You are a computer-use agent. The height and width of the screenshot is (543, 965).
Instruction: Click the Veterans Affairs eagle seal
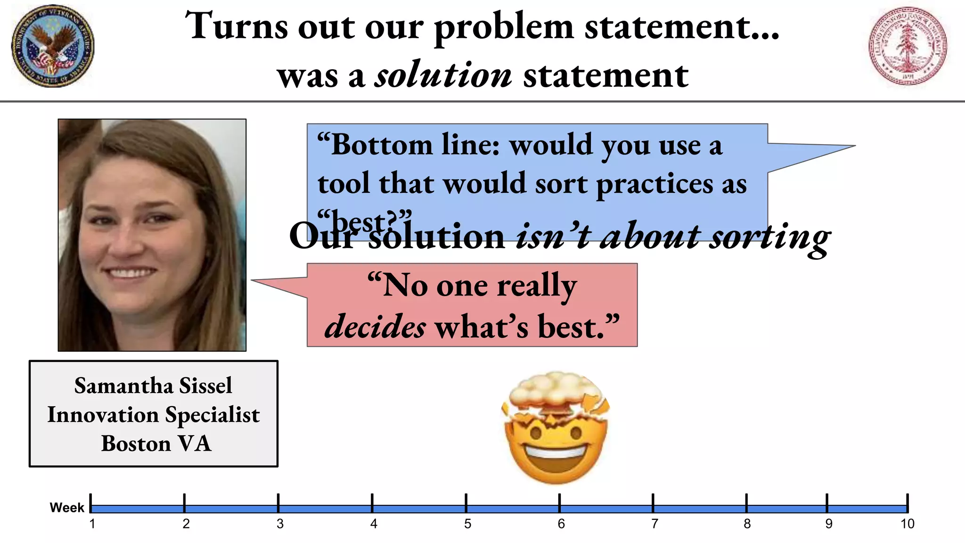[53, 46]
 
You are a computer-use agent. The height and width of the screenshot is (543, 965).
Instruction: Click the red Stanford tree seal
[908, 46]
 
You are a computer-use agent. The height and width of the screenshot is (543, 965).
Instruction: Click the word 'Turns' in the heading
[236, 26]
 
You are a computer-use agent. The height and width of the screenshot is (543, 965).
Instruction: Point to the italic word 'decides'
[376, 326]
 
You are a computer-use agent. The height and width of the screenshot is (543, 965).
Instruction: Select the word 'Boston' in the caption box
[136, 444]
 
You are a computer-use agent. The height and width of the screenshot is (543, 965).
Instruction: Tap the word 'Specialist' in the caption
[212, 415]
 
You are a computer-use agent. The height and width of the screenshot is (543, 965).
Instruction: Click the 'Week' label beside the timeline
[67, 508]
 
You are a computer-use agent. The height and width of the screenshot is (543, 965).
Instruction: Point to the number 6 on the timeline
[561, 524]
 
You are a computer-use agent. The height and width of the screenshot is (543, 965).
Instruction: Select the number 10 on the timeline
[907, 524]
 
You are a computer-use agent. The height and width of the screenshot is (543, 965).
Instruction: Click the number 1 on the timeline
[92, 524]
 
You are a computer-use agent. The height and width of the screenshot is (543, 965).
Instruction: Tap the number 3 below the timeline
[280, 524]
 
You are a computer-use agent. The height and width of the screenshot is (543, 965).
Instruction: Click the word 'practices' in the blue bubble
[654, 184]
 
